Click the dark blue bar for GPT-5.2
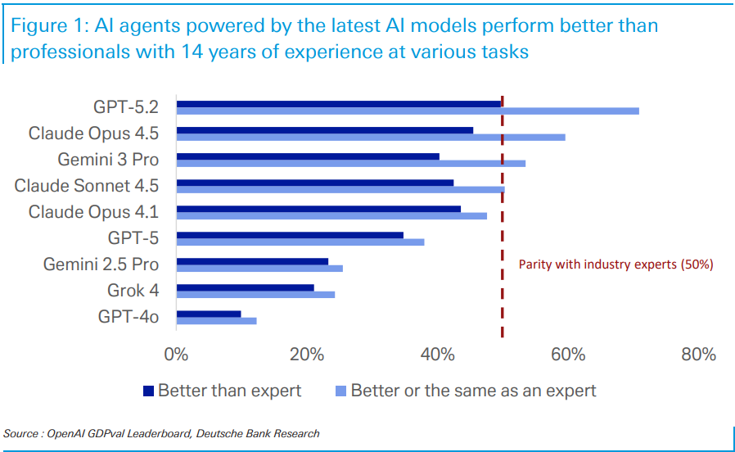(338, 104)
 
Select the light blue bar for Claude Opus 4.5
(371, 137)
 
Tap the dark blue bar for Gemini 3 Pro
(308, 156)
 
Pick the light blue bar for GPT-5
(300, 242)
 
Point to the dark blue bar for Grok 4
(245, 287)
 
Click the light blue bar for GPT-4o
(216, 320)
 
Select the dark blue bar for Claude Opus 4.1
(318, 209)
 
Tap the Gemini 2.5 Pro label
(101, 264)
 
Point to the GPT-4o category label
(128, 316)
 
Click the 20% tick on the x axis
(307, 355)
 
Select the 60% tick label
(568, 355)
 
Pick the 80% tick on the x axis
(698, 355)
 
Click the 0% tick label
(176, 355)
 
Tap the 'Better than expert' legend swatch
(148, 391)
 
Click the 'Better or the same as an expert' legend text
(473, 391)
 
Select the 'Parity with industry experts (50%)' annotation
(616, 264)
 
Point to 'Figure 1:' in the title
(48, 26)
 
